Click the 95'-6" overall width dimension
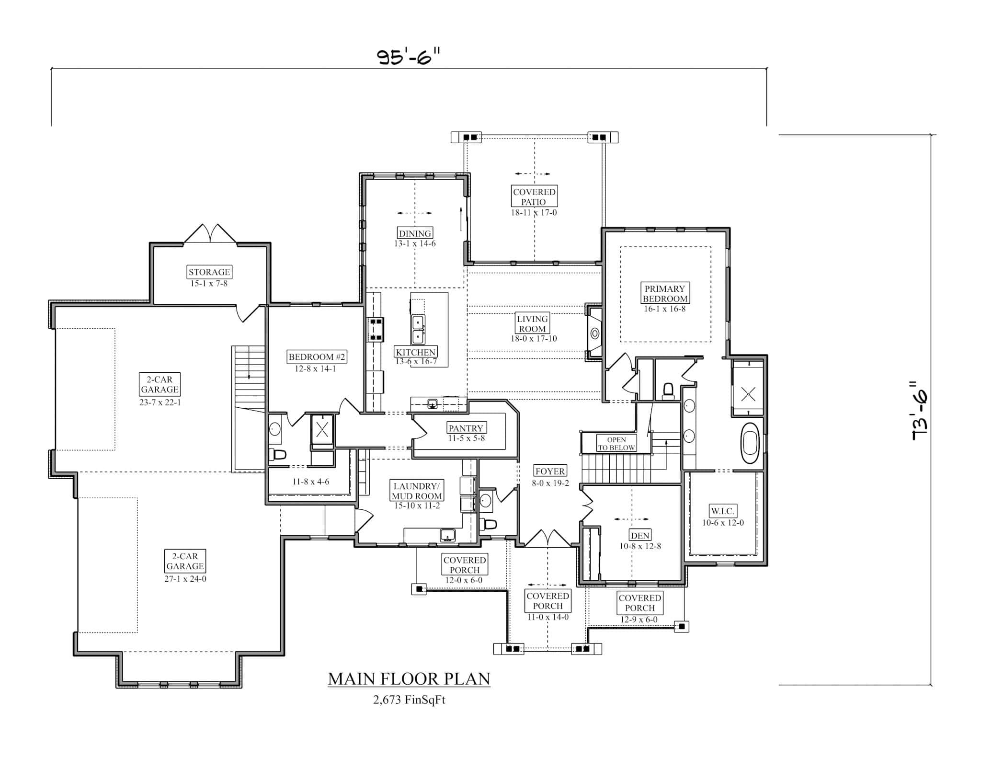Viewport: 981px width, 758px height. (408, 57)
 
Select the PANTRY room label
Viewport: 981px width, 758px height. (466, 428)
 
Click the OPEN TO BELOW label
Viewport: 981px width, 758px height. (616, 444)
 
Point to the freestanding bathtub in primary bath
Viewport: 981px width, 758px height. (750, 443)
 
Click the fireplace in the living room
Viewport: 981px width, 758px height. (595, 333)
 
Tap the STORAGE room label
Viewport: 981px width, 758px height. (209, 272)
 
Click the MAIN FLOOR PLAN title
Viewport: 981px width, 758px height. (409, 679)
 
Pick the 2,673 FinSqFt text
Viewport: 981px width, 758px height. (409, 700)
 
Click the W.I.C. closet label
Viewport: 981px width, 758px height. (722, 511)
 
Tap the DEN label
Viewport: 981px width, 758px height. (640, 536)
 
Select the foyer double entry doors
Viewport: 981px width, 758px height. (548, 539)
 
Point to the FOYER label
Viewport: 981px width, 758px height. (550, 471)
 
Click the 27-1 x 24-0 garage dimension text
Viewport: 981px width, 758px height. (185, 579)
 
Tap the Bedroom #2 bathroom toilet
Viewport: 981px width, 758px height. (277, 454)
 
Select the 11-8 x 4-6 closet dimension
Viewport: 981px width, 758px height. (311, 482)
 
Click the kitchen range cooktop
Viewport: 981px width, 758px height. (375, 330)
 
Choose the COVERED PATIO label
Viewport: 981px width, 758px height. (534, 197)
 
